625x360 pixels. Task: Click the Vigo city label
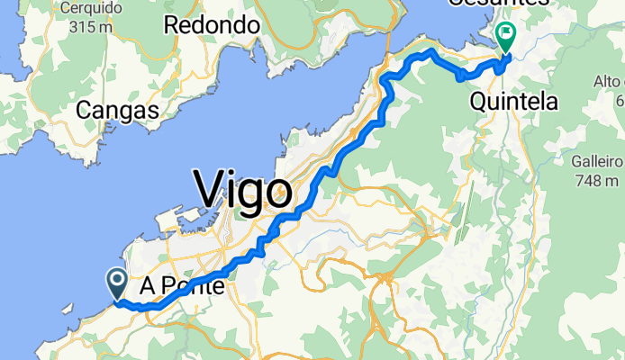pyautogui.click(x=243, y=190)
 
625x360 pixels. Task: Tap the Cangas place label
pyautogui.click(x=117, y=111)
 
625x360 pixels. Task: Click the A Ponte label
pyautogui.click(x=184, y=287)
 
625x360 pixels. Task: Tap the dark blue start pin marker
pyautogui.click(x=118, y=283)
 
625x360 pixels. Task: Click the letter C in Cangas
pyautogui.click(x=84, y=111)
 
